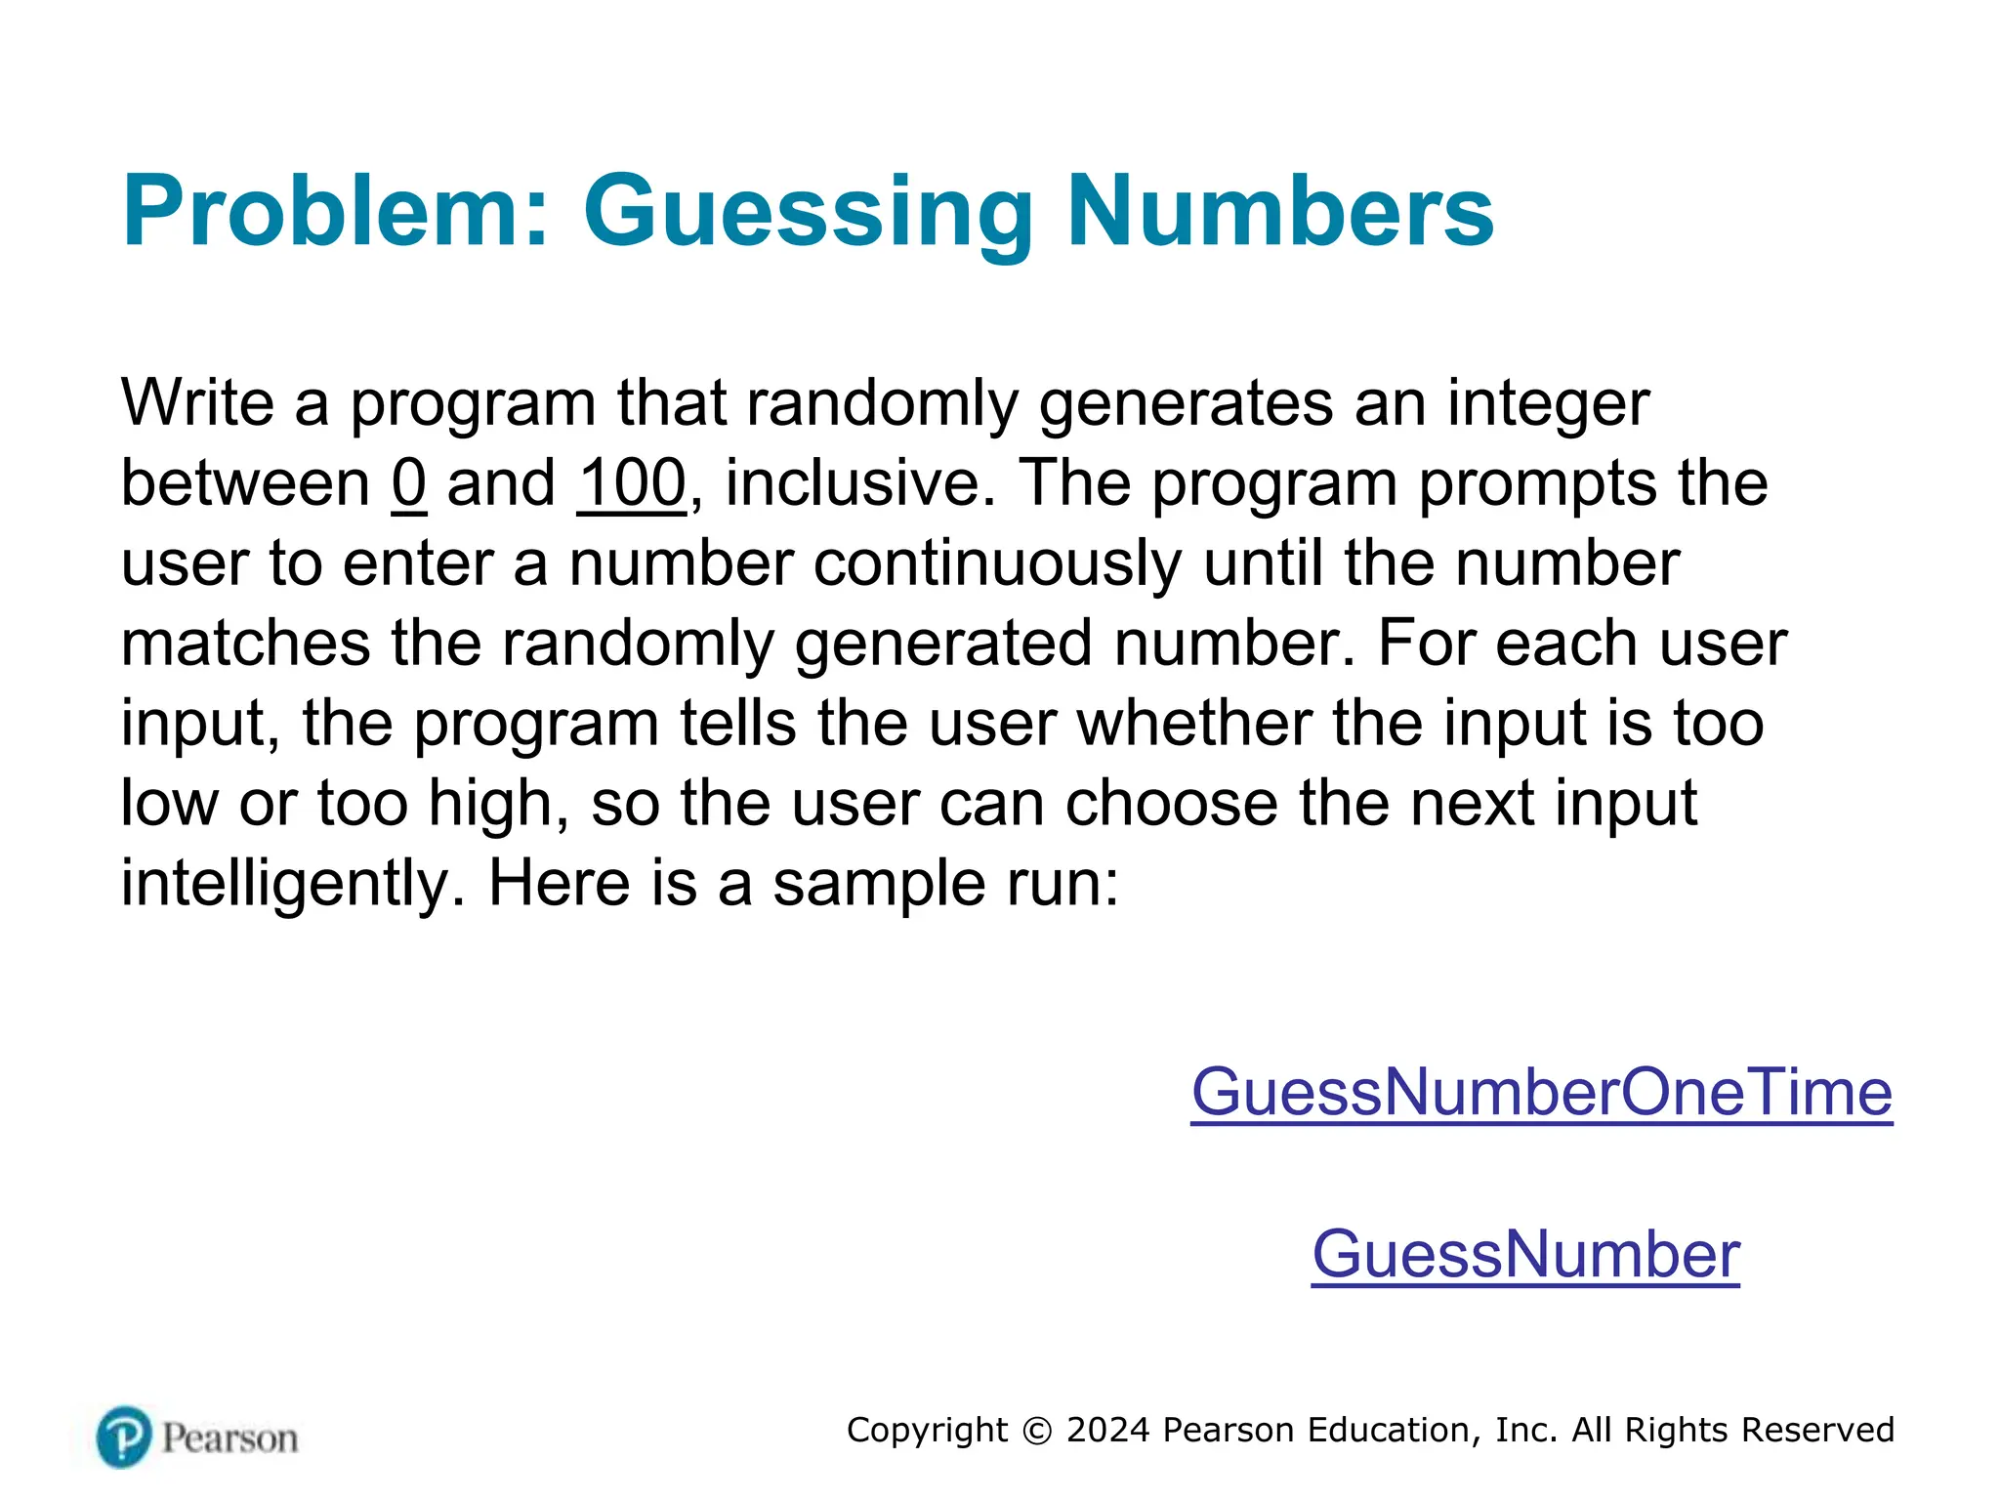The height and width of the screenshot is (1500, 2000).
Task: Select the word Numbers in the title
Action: pos(1280,211)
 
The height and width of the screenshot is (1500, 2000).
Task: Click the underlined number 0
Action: pos(409,483)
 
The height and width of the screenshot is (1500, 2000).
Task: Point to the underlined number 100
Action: pos(632,483)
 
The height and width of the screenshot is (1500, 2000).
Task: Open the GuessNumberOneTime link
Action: pos(1541,1092)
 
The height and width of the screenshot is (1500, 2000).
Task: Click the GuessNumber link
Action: pos(1525,1254)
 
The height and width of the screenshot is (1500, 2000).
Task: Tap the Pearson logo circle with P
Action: pos(124,1437)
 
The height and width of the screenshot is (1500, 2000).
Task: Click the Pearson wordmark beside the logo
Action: pos(230,1438)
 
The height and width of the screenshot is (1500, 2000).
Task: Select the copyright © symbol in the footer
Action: pos(1037,1431)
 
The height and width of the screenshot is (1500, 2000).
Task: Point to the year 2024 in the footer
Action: pos(1107,1431)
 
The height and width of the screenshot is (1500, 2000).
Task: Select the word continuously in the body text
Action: pos(997,563)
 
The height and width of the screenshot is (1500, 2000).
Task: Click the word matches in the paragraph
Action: pos(245,644)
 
